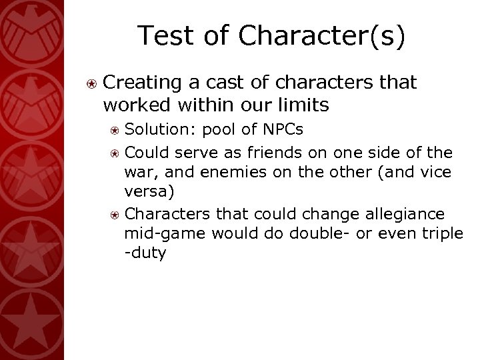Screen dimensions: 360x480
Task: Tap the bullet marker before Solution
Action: click(x=115, y=127)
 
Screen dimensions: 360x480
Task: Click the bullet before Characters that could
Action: click(x=115, y=215)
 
